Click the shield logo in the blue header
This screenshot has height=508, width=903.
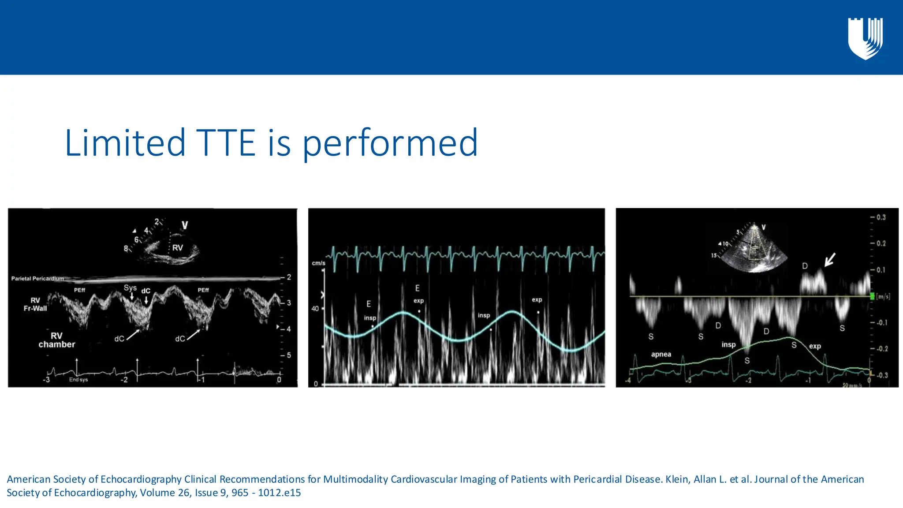tap(865, 39)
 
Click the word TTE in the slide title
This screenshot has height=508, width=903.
tap(225, 143)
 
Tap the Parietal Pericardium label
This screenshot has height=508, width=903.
tap(37, 279)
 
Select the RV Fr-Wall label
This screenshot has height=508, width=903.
tap(35, 304)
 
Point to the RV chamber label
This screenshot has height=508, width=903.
tap(56, 340)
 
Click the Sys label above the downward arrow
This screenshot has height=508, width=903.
tap(130, 288)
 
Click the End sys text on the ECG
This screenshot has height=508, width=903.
tap(78, 380)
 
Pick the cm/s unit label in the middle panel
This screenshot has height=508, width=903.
tap(318, 263)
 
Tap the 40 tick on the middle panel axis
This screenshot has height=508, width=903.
tap(315, 309)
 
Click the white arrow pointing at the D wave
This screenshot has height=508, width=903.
tap(830, 259)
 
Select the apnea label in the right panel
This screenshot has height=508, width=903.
tap(661, 355)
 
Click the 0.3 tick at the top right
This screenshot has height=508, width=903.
tap(881, 217)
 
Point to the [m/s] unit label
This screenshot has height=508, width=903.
tap(883, 296)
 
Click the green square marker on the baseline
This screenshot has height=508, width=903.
tap(872, 296)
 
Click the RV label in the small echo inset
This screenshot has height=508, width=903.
tap(178, 248)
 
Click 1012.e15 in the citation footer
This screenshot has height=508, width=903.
tap(280, 493)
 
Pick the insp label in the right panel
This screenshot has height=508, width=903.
tap(728, 345)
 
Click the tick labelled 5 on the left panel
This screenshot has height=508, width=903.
tap(289, 355)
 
